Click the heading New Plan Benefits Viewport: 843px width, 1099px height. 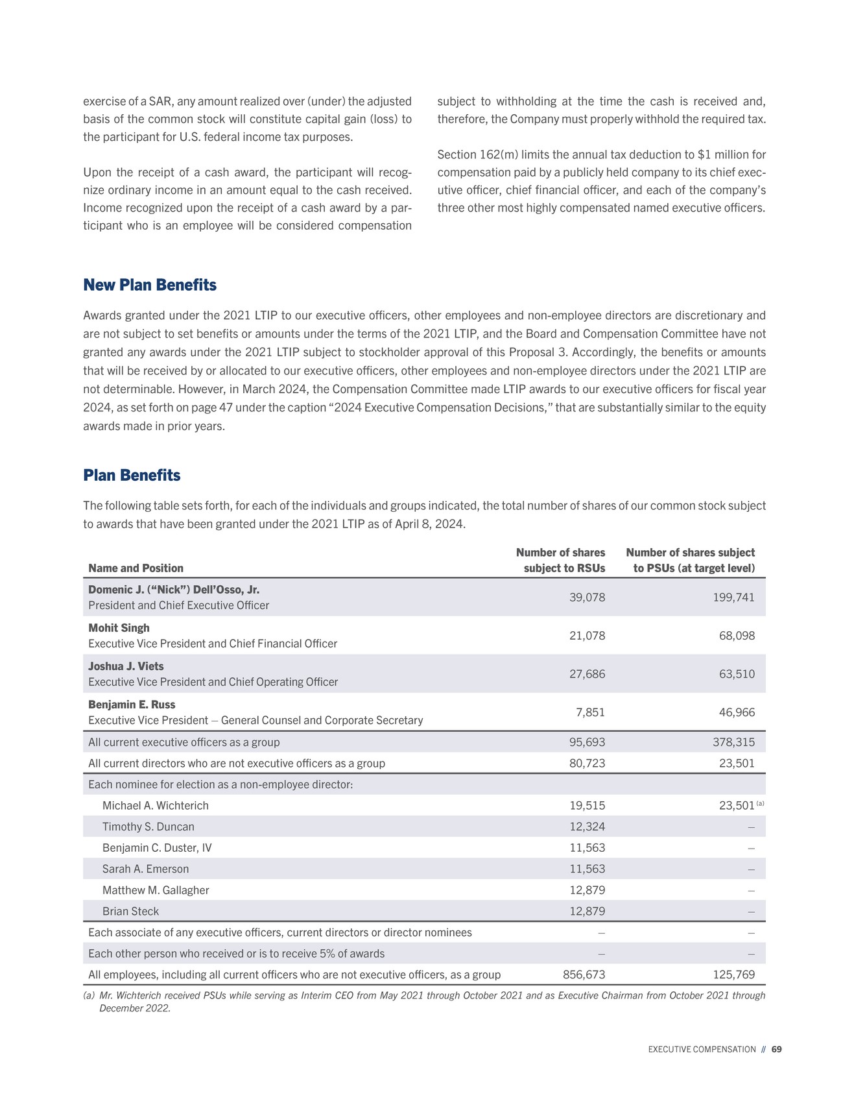[150, 285]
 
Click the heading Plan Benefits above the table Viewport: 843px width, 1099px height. [132, 476]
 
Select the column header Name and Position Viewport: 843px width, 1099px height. [136, 568]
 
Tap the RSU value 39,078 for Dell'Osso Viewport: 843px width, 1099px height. [587, 598]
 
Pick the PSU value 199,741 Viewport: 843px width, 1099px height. [733, 598]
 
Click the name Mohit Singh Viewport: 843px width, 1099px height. [119, 628]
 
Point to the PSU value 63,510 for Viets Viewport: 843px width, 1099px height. [737, 674]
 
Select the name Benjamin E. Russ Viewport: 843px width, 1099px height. [132, 705]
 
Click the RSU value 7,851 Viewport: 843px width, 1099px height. [590, 712]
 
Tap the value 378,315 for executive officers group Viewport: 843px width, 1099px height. [733, 742]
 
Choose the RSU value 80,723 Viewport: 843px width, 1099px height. [587, 764]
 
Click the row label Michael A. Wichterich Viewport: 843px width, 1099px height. [156, 806]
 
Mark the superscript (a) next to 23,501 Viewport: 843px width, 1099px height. [761, 804]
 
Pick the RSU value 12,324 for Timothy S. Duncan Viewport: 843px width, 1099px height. [587, 827]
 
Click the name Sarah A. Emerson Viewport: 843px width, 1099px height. [146, 869]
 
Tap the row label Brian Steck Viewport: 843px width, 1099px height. [130, 912]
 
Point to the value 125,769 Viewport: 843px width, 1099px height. [733, 975]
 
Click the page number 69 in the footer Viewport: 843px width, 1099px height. [776, 1050]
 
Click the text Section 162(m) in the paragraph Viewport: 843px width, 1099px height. [477, 155]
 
